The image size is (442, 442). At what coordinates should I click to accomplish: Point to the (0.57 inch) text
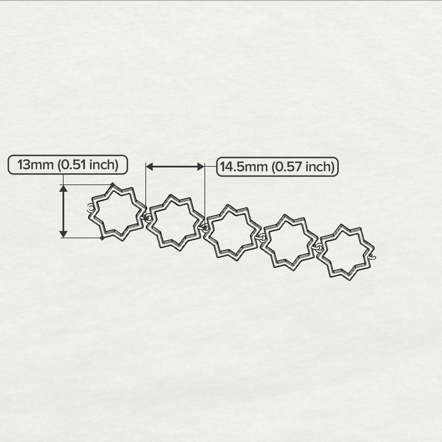(303, 167)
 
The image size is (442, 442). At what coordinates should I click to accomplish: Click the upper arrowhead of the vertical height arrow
(63, 188)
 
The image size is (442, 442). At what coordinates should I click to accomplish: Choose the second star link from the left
(174, 222)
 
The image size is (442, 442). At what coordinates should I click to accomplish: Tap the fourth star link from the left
(288, 242)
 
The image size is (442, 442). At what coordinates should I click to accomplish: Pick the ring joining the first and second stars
(148, 218)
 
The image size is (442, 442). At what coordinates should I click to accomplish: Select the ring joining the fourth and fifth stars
(318, 247)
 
